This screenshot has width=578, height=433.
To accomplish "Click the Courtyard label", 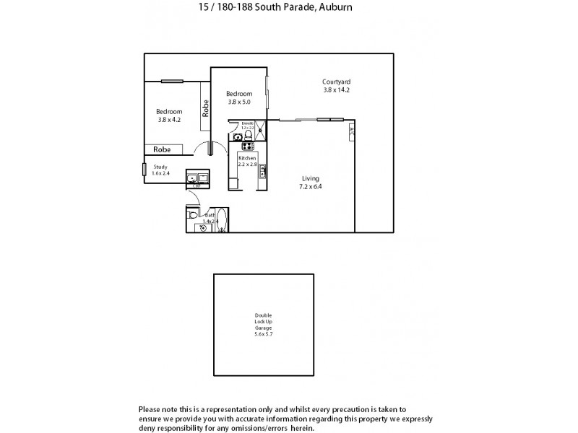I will (336, 82).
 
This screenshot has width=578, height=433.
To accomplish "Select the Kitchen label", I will (247, 157).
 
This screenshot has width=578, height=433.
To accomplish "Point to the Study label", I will (160, 167).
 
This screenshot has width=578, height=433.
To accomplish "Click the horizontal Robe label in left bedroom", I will (162, 149).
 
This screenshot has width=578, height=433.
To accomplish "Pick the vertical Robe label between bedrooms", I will (206, 108).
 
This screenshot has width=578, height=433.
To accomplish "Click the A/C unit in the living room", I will (351, 131).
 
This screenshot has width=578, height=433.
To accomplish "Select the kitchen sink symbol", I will (262, 172).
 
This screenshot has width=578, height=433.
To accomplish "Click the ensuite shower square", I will (260, 130).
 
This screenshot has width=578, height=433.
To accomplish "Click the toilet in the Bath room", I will (192, 215).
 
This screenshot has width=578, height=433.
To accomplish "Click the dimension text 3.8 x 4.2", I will (170, 120).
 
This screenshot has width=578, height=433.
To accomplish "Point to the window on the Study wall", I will (144, 170).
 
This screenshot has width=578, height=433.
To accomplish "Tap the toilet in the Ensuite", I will (248, 134).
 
